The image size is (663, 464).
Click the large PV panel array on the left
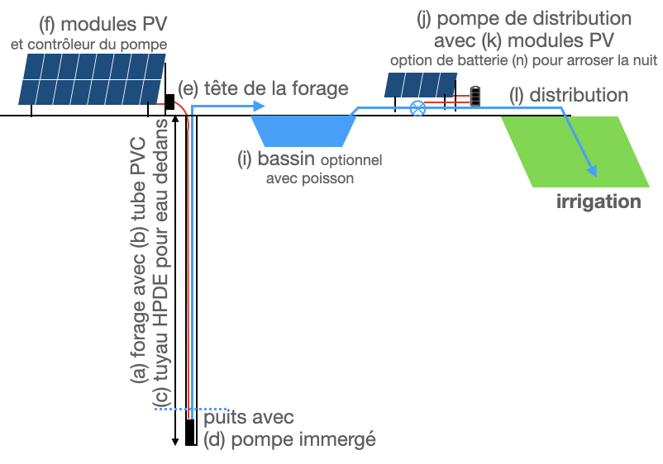coord(92,78)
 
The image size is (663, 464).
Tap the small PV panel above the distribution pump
coord(420,84)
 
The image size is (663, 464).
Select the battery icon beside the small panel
coord(475,96)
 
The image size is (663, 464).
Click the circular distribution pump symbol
coord(418,108)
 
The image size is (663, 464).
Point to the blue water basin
coord(303,130)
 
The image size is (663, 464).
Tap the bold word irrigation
coord(599,201)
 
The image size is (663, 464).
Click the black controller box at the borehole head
coord(169,102)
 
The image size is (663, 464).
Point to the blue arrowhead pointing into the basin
coord(259,107)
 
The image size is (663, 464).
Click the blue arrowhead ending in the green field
coord(592,170)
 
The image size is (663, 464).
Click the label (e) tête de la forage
coord(263,88)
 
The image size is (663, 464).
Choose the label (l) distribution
coord(569,96)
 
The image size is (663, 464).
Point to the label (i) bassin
coord(276,159)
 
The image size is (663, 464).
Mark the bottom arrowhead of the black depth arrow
coord(174,442)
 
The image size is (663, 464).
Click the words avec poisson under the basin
coord(310,178)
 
